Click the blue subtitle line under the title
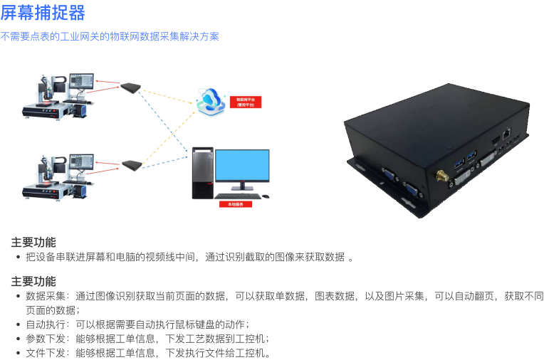pyautogui.click(x=110, y=36)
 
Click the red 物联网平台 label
pyautogui.click(x=245, y=102)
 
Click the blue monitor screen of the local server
pyautogui.click(x=242, y=165)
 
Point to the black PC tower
pyautogui.click(x=202, y=173)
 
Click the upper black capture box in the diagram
pyautogui.click(x=131, y=87)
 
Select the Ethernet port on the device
pyautogui.click(x=505, y=132)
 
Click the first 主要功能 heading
pyautogui.click(x=33, y=242)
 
